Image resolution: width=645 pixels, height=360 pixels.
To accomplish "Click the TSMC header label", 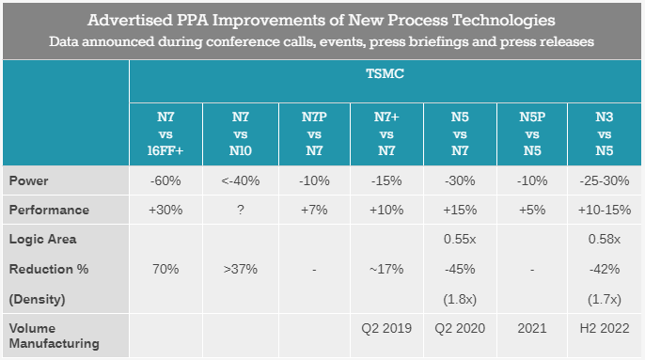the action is [385, 73].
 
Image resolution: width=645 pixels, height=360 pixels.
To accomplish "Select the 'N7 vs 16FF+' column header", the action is [165, 133].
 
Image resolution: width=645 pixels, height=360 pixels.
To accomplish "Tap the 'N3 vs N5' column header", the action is [605, 133].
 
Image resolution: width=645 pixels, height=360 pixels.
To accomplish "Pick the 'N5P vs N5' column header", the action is [532, 133].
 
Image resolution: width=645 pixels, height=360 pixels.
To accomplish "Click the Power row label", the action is [28, 180].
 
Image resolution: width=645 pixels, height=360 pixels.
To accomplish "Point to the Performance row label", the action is [49, 210].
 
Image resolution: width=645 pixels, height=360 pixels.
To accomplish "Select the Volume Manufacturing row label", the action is [55, 336].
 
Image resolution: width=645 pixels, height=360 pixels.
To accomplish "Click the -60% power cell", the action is [165, 180].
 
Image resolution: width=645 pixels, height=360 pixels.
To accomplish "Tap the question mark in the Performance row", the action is [241, 210].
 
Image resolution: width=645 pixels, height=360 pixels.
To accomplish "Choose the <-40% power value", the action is [241, 180].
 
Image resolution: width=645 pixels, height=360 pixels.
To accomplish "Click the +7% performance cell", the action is [314, 210].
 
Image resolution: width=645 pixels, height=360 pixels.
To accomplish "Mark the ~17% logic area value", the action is [386, 269].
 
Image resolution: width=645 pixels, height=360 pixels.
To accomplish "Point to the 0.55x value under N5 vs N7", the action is [460, 239].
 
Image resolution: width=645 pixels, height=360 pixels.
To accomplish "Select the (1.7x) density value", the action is [605, 299].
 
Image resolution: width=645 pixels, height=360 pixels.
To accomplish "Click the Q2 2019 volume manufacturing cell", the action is [386, 328].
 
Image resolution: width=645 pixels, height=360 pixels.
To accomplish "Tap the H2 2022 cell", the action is [605, 328].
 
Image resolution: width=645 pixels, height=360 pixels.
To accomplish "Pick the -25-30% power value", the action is [605, 180].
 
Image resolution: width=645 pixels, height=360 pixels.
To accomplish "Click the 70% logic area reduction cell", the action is [165, 269].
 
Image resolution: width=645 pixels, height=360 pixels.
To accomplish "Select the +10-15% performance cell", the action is [605, 210].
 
